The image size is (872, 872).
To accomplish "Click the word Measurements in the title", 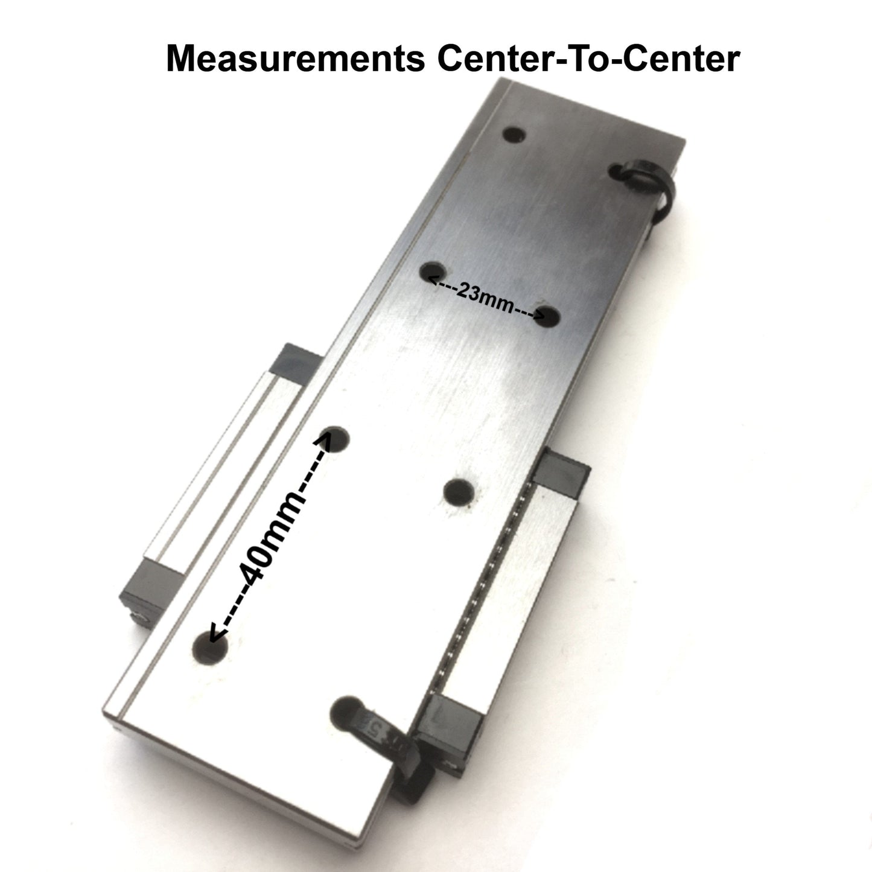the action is pos(296,59).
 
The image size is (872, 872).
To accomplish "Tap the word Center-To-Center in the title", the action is pos(588,59).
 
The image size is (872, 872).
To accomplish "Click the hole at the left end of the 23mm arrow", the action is pos(433,272).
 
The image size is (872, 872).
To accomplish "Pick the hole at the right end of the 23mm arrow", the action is pos(547,316).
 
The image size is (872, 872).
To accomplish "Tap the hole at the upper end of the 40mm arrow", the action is pos(335,438).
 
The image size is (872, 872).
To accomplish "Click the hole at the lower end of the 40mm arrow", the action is pos(209,649).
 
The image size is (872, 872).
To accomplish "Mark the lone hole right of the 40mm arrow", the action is pos(459,492).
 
